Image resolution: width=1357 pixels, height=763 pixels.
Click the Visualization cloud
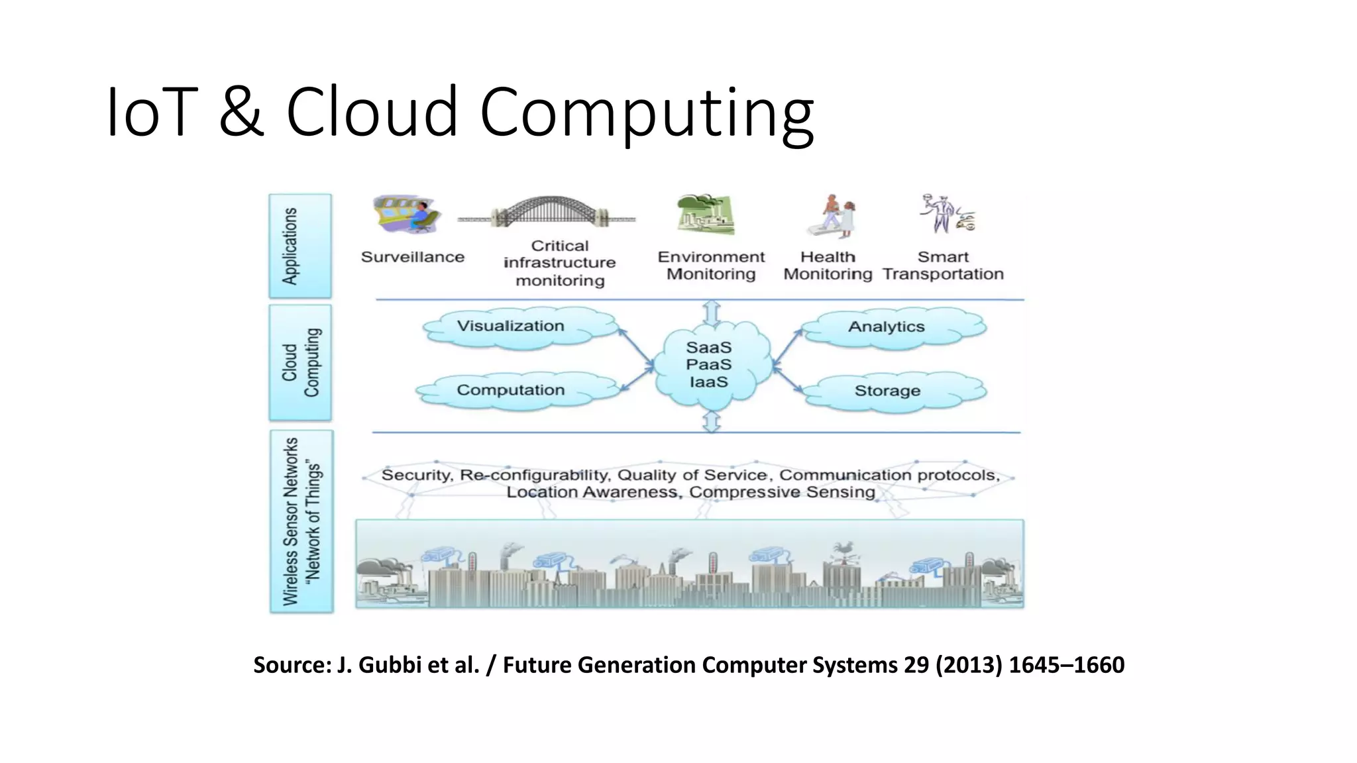point(521,327)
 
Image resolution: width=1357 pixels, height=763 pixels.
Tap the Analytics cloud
point(892,327)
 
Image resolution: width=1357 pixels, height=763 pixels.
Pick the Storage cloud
point(892,391)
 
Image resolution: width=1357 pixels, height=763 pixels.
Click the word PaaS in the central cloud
point(708,365)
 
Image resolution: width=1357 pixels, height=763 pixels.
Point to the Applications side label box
point(300,246)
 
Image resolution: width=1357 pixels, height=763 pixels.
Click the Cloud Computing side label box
point(300,363)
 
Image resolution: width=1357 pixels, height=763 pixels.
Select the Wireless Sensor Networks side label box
point(301,521)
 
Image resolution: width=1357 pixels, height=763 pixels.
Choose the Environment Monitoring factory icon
point(705,214)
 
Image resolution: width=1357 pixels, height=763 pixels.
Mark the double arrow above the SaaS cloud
point(712,313)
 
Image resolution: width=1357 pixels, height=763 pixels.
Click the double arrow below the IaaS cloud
point(712,421)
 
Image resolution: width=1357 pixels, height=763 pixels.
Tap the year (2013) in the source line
point(969,664)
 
